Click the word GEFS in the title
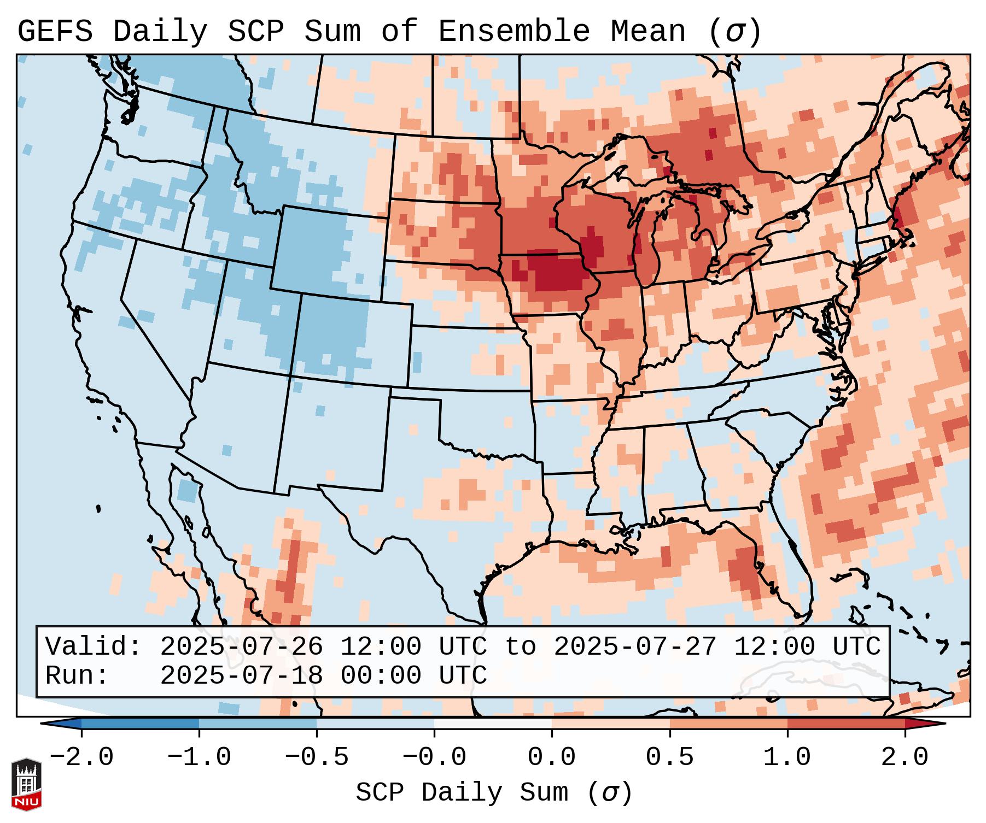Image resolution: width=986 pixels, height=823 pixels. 55,32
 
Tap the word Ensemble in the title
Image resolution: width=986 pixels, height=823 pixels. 514,32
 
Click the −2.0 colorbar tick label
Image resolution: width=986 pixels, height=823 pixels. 81,757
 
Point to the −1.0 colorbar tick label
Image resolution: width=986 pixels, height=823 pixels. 199,757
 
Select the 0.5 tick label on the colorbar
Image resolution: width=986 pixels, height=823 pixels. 670,757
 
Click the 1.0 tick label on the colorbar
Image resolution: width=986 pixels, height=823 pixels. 787,757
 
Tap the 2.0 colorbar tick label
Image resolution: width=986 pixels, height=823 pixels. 905,757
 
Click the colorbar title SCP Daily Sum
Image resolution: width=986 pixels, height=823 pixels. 462,792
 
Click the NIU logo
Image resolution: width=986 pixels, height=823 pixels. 26,784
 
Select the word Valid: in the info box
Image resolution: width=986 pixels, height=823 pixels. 93,646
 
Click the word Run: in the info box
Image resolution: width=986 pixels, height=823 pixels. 77,675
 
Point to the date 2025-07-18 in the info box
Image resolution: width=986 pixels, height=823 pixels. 241,675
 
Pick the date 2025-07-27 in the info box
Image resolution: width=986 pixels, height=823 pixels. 635,646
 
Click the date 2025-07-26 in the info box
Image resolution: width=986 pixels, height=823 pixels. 241,646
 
